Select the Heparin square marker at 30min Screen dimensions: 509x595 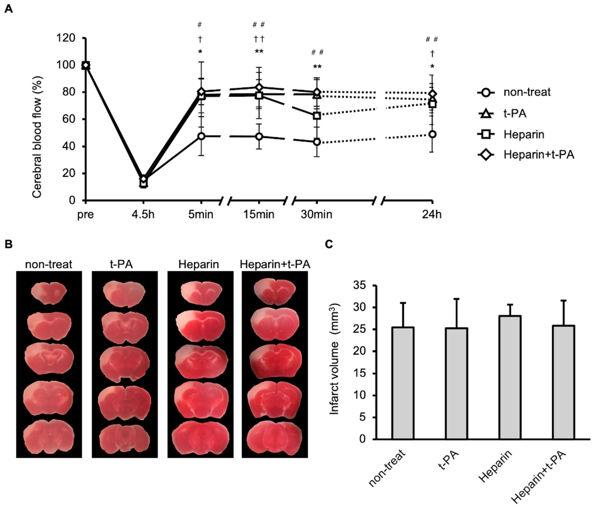coord(317,116)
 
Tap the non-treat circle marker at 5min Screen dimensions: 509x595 coord(201,136)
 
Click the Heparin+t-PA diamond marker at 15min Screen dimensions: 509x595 coord(259,87)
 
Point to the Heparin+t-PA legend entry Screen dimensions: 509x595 coord(538,155)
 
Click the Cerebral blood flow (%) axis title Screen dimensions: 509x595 coord(37,137)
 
